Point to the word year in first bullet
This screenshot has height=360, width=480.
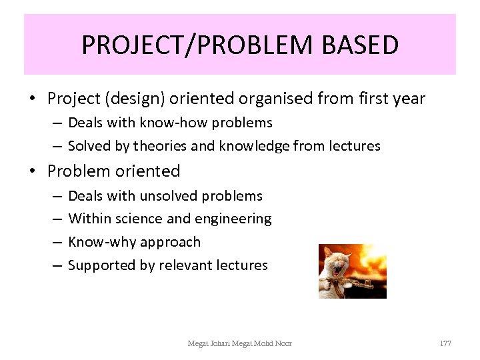pyautogui.click(x=407, y=99)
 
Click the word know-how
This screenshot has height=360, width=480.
pyautogui.click(x=166, y=123)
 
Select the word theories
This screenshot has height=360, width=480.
pyautogui.click(x=161, y=146)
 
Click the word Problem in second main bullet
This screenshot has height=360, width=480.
pyautogui.click(x=79, y=171)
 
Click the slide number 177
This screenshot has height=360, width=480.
pyautogui.click(x=445, y=343)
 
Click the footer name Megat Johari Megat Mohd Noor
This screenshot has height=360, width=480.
pyautogui.click(x=239, y=343)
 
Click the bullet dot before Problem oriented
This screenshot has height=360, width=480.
pyautogui.click(x=32, y=172)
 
